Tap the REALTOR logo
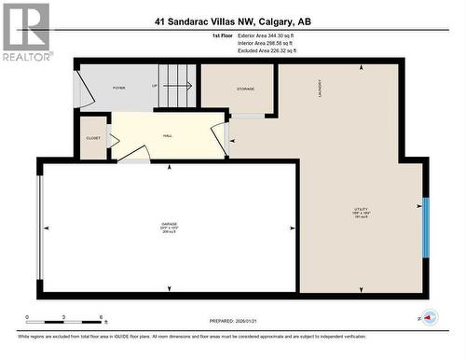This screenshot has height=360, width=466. (25, 32)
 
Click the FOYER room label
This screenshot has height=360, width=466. (119, 88)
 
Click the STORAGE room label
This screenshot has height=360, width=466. (244, 90)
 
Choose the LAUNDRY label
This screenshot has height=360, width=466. (320, 89)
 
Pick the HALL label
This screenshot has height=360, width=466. (167, 135)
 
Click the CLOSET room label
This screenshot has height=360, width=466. (93, 137)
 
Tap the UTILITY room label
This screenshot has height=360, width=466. (361, 210)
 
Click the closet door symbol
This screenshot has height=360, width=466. (113, 140)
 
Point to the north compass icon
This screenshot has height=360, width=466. (432, 318)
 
